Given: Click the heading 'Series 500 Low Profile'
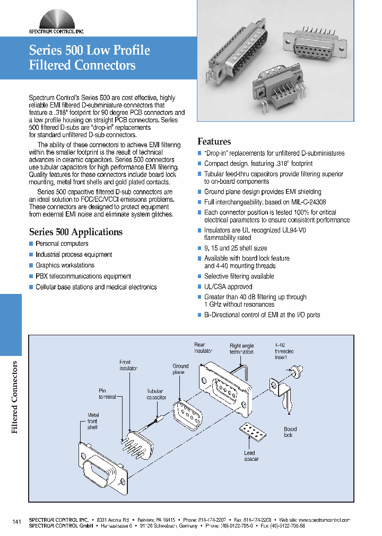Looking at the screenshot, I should [x=89, y=50].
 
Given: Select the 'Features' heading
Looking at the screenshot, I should [x=214, y=141].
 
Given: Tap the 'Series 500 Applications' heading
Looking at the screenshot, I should [x=75, y=232].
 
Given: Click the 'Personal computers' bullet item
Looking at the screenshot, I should [x=62, y=244].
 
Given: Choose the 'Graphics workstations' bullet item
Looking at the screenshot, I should [x=65, y=265].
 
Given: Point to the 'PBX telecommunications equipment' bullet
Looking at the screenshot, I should [x=83, y=276].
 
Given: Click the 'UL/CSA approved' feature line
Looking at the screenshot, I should [x=228, y=287].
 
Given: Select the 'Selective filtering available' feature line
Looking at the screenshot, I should [x=239, y=276].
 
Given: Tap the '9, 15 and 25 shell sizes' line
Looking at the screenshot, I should [x=236, y=248].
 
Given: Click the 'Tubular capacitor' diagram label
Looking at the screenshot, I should [x=157, y=394].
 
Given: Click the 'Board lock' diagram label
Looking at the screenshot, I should [x=290, y=432].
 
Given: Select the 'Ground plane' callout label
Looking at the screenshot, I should [x=180, y=369].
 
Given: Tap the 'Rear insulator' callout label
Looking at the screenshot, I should [x=203, y=347].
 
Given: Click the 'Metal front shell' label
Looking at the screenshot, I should [x=93, y=421].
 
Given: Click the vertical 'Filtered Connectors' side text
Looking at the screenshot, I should [x=15, y=397].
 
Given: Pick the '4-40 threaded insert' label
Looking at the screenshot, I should [x=284, y=351].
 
